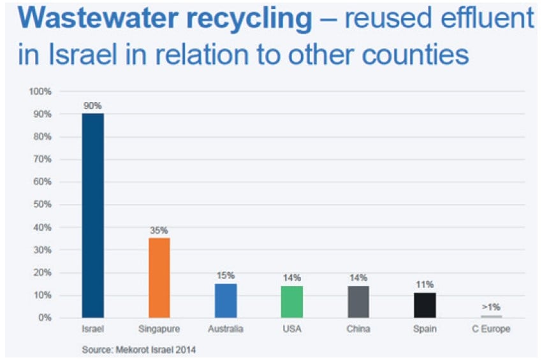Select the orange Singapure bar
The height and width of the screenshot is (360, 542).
[159, 277]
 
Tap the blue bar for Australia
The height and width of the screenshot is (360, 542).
[226, 300]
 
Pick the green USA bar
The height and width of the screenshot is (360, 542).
[292, 301]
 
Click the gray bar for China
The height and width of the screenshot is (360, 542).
[358, 301]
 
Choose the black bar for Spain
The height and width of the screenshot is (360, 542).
[425, 305]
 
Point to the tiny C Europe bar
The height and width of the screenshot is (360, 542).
[491, 316]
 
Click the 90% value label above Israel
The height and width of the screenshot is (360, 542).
[92, 106]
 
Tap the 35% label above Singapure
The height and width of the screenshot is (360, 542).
[159, 231]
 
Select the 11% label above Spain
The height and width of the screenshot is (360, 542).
[425, 285]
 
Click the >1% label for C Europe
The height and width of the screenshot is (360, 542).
[491, 307]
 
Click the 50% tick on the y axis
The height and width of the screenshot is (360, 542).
[43, 205]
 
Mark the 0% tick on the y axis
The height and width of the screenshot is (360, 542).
[45, 317]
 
